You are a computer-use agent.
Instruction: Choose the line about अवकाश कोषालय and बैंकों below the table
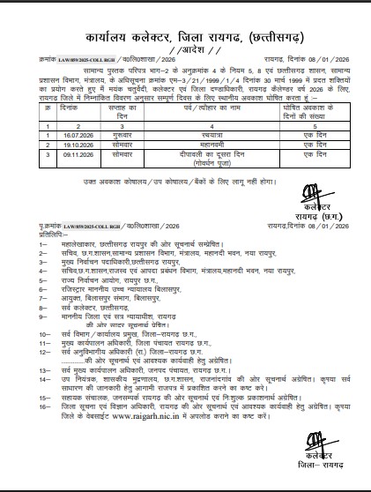pyautogui.click(x=185, y=182)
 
